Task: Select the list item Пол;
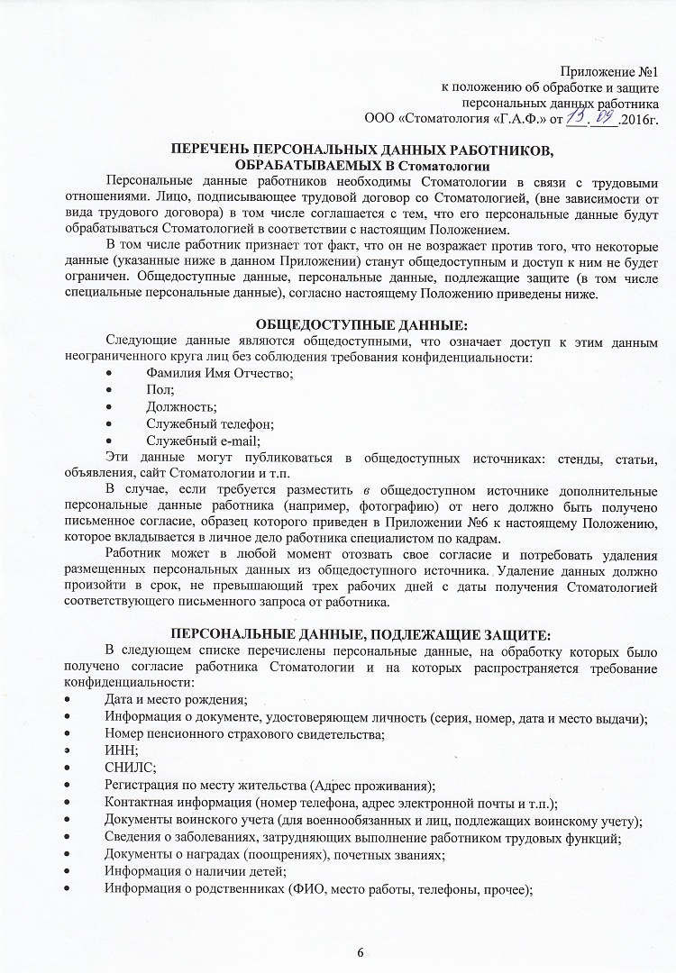[x=160, y=390]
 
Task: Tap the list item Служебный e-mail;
[x=203, y=441]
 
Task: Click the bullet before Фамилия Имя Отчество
[x=111, y=374]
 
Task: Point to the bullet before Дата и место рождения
[x=68, y=700]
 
